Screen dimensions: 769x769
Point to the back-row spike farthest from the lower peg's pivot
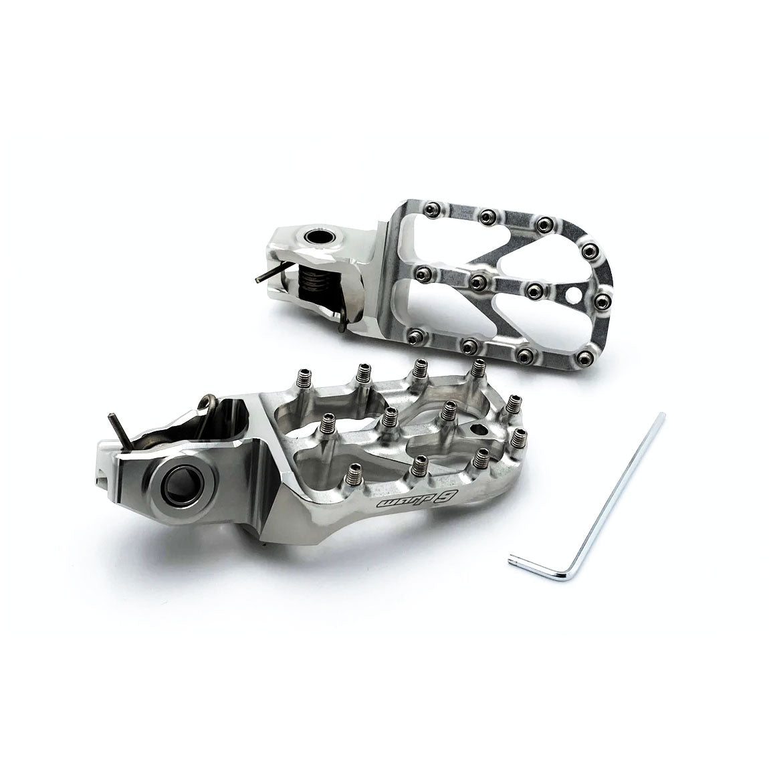pyautogui.click(x=478, y=367)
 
